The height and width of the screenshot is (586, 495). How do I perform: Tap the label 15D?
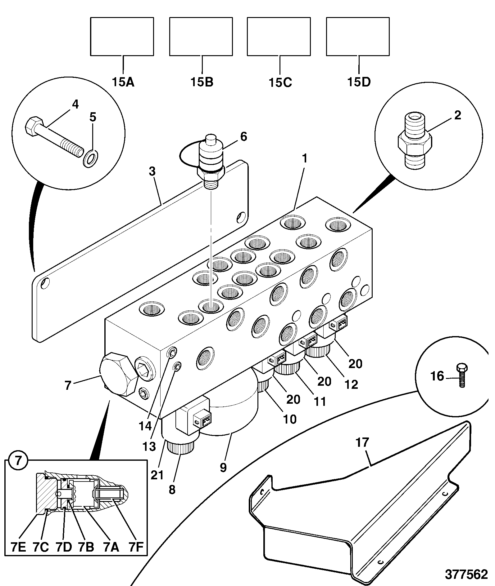pos(359,82)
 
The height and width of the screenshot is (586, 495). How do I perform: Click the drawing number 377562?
pos(466,575)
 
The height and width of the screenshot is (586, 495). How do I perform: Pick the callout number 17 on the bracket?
pos(362,442)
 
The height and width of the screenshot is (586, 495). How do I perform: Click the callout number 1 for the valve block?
pos(305,158)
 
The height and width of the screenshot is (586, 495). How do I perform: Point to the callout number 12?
pos(351,384)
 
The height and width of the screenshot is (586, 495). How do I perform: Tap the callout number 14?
pos(145,426)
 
